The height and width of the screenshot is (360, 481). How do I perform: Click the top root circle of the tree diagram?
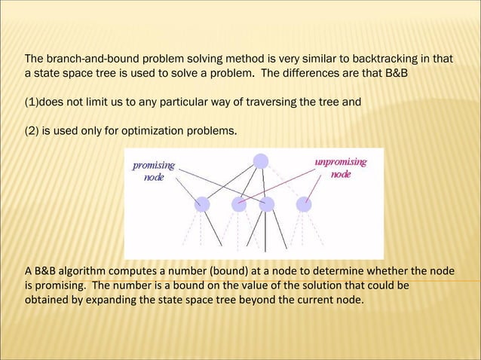(260, 160)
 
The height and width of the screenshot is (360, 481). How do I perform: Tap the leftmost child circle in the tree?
(202, 203)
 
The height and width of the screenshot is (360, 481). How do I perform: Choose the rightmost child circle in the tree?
(304, 203)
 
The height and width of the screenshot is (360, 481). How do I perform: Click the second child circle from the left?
(239, 203)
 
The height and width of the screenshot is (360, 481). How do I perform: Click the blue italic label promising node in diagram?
(154, 171)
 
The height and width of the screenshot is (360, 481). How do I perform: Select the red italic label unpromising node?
(341, 168)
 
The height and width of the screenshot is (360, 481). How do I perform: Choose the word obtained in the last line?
(45, 301)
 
